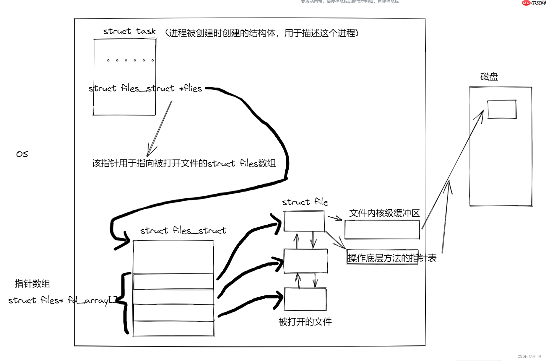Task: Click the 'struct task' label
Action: tap(129, 31)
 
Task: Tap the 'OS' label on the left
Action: tap(22, 154)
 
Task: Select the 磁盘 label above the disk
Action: tap(489, 77)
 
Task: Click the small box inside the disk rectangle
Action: tap(502, 110)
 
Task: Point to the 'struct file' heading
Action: tap(305, 202)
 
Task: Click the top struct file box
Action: tap(304, 221)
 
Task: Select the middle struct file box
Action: tap(305, 261)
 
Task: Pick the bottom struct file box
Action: tap(305, 299)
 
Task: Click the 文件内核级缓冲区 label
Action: tap(384, 213)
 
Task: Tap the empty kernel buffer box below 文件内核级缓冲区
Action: tap(382, 230)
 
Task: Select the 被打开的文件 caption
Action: tap(305, 321)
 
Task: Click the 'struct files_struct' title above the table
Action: tap(183, 231)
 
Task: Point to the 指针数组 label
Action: tap(32, 284)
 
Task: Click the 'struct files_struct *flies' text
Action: tap(145, 88)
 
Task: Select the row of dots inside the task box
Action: tap(130, 60)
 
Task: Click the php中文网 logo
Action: tap(534, 3)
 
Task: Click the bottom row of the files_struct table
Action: tap(173, 328)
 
